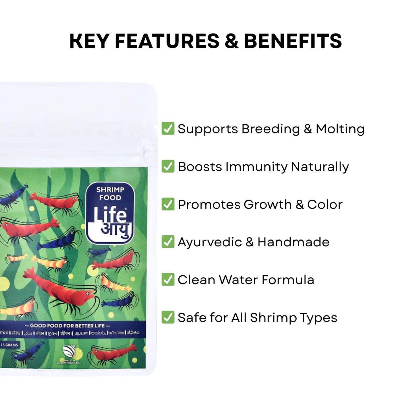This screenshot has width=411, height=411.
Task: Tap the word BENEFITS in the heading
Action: point(293,41)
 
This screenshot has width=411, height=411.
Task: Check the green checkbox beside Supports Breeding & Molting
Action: point(168,129)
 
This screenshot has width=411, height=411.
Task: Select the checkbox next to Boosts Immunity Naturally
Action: point(168,166)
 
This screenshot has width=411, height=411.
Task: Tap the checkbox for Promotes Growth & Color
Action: point(168,204)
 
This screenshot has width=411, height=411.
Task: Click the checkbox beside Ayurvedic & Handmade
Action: point(168,242)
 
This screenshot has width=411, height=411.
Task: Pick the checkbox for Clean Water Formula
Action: point(168,280)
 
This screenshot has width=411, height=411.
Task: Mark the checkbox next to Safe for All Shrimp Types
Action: point(168,317)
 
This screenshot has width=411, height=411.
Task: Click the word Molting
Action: point(340,129)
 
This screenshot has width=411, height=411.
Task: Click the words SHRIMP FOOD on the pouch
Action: point(110,194)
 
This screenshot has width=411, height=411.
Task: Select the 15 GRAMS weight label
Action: point(9,345)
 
